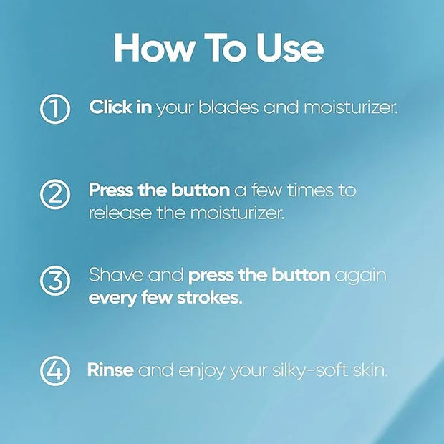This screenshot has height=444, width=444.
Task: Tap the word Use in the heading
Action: [x=290, y=47]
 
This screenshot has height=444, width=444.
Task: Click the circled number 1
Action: [x=55, y=109]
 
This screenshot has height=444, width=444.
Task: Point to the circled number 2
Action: [x=55, y=194]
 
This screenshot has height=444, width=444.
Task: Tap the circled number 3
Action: [x=55, y=281]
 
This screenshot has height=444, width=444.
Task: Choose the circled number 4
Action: [x=55, y=371]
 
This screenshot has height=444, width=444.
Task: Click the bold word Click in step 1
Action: [x=110, y=107]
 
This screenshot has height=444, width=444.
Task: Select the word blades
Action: [x=228, y=107]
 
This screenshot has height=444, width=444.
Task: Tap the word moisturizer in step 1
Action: [x=351, y=107]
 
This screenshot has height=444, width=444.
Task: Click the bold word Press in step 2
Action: [x=111, y=190]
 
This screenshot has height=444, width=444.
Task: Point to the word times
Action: [x=310, y=190]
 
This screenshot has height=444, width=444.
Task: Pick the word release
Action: [x=120, y=213]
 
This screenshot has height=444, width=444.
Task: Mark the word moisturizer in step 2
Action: [x=237, y=213]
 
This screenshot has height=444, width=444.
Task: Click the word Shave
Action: [x=116, y=275]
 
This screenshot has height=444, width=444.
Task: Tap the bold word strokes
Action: [x=210, y=298]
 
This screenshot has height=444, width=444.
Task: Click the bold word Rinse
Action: [x=110, y=370]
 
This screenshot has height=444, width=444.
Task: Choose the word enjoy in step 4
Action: [x=201, y=371]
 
